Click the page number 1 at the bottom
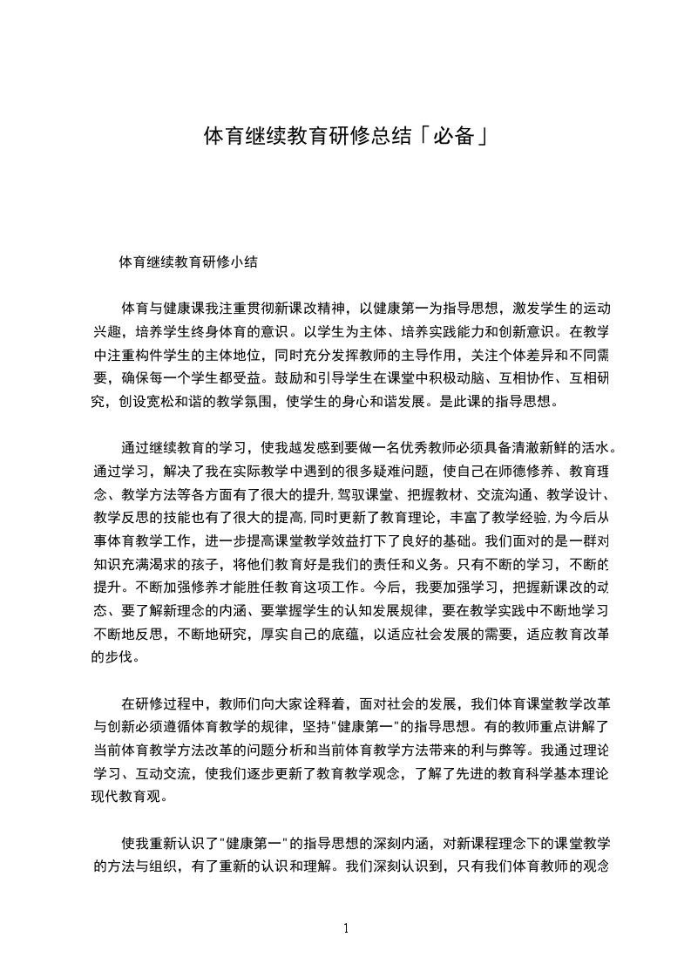[346, 928]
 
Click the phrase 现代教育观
[126, 798]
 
